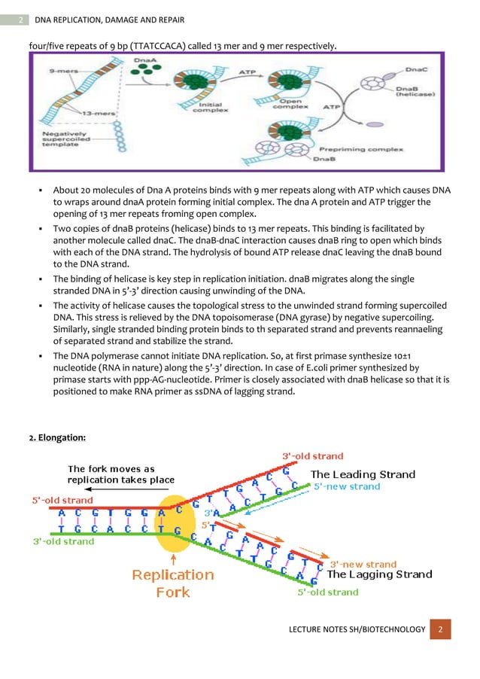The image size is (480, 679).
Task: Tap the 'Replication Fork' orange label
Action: [173, 583]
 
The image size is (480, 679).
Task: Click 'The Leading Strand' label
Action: [363, 474]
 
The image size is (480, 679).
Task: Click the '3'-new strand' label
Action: [363, 563]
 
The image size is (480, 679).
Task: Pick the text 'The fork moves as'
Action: [111, 469]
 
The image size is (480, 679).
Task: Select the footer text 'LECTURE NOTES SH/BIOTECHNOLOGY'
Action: [357, 629]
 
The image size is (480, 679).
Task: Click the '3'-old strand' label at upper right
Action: [312, 456]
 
